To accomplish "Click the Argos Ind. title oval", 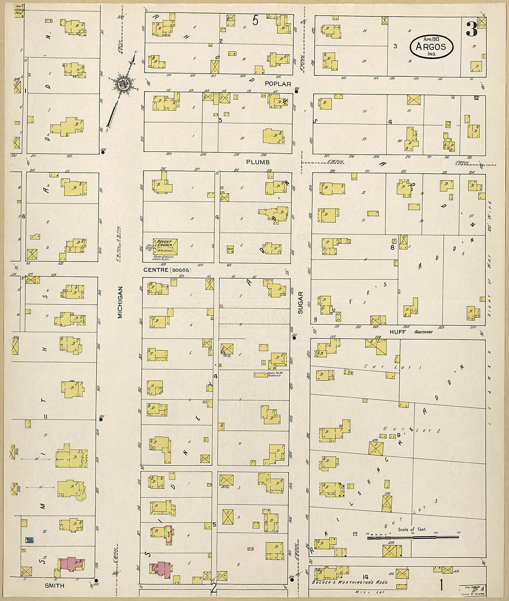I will click(x=431, y=46).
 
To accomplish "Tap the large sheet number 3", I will click(x=471, y=30).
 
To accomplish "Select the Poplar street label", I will click(x=278, y=84).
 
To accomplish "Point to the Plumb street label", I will click(x=258, y=162).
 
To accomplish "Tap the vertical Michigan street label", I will click(x=120, y=302).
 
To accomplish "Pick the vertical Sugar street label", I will click(x=300, y=302).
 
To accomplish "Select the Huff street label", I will click(x=397, y=332).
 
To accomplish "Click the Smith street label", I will click(x=54, y=585).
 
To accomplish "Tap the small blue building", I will click(x=30, y=540).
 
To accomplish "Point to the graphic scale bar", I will click(x=412, y=537).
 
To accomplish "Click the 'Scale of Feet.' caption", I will click(x=412, y=529).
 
